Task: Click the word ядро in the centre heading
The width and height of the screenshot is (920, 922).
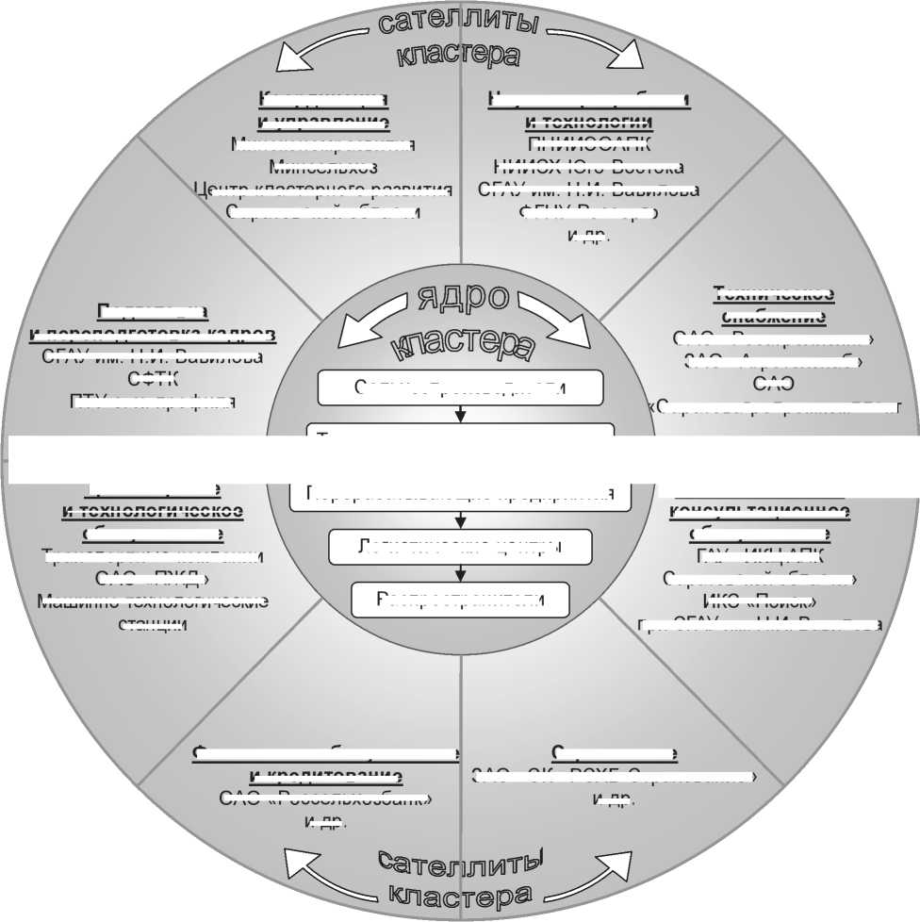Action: click(460, 304)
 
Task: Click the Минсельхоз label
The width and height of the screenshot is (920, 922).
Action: click(322, 167)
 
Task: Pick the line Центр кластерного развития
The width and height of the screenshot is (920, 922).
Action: click(322, 189)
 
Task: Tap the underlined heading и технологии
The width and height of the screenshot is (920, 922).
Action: click(589, 123)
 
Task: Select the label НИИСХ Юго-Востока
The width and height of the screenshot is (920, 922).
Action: click(589, 167)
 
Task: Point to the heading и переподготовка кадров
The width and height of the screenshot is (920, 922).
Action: click(152, 335)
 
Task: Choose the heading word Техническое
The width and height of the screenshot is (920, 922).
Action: click(773, 293)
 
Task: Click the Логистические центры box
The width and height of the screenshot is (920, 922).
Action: click(460, 546)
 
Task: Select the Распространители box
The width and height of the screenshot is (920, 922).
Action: click(460, 599)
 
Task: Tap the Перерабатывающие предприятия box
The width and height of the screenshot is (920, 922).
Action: click(460, 495)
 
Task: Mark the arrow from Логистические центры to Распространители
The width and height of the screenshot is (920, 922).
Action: click(460, 572)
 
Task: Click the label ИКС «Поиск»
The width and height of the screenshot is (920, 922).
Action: click(760, 601)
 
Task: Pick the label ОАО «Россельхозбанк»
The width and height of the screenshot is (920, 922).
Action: click(326, 799)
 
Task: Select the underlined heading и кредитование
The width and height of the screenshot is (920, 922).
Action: click(326, 777)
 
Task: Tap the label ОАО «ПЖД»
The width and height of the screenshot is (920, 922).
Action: click(152, 578)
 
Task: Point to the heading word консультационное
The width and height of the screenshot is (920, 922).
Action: click(760, 512)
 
